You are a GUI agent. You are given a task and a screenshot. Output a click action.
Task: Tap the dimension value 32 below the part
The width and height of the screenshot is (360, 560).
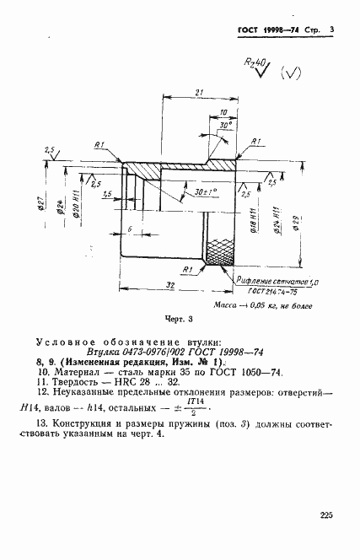(x=170, y=284)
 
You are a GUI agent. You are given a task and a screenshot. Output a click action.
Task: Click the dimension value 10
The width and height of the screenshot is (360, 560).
(x=222, y=111)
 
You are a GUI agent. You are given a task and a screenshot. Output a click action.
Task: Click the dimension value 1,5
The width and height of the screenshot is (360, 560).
(x=108, y=195)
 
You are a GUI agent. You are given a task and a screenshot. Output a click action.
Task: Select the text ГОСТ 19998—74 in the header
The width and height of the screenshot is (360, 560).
(x=256, y=31)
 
